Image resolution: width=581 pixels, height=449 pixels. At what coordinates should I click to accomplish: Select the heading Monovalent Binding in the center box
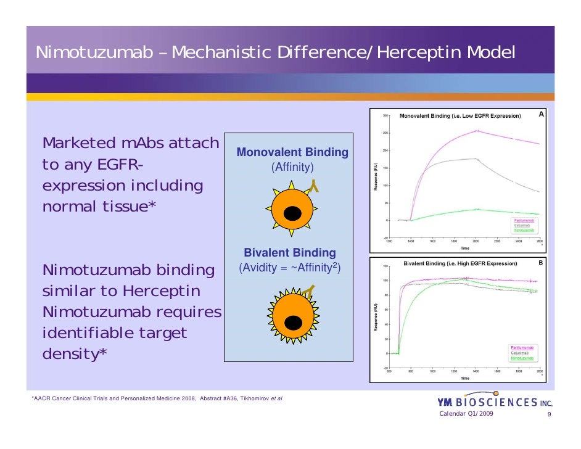click(x=292, y=152)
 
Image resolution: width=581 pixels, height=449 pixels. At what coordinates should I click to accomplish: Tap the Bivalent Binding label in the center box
click(x=290, y=253)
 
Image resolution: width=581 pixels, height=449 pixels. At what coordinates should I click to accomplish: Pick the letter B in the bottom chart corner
click(x=541, y=262)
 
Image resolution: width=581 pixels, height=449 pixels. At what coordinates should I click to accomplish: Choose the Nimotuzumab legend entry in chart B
click(x=524, y=358)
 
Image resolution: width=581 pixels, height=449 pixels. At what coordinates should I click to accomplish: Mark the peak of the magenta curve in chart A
click(x=476, y=130)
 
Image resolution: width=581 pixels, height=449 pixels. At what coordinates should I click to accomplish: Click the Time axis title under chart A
click(x=464, y=249)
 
